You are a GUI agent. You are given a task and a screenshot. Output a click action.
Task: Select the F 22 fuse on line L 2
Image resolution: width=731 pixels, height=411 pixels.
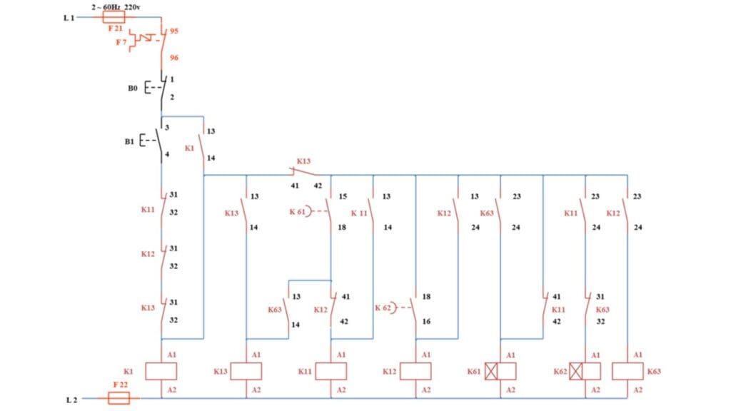pyautogui.click(x=119, y=398)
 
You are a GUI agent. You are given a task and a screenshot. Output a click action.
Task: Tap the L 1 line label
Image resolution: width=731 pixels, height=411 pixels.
pyautogui.click(x=69, y=18)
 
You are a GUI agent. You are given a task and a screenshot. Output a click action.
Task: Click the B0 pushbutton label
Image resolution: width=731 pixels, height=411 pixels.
pyautogui.click(x=133, y=88)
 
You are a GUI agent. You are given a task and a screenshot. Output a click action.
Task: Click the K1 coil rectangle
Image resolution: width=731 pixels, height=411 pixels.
pyautogui.click(x=161, y=371)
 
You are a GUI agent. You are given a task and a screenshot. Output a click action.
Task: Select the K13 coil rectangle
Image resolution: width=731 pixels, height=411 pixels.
pyautogui.click(x=246, y=371)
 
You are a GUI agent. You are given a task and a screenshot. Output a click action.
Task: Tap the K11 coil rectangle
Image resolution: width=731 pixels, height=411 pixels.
pyautogui.click(x=331, y=371)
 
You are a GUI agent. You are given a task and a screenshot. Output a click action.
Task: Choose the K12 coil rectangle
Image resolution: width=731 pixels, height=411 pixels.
pyautogui.click(x=415, y=371)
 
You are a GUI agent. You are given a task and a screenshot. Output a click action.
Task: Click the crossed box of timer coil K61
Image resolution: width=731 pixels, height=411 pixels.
pyautogui.click(x=490, y=371)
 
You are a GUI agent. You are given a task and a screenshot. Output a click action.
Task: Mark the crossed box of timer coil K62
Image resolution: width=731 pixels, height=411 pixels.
pyautogui.click(x=575, y=371)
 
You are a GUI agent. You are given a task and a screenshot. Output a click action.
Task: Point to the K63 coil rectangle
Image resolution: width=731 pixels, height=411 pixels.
pyautogui.click(x=627, y=371)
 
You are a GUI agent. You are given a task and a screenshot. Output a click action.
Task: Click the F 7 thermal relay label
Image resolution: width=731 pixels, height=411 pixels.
pyautogui.click(x=122, y=42)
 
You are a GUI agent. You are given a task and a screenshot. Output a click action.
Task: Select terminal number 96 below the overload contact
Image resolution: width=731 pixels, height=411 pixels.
pyautogui.click(x=173, y=58)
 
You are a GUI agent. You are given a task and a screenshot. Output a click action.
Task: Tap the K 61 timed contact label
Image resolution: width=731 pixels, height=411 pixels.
pyautogui.click(x=297, y=212)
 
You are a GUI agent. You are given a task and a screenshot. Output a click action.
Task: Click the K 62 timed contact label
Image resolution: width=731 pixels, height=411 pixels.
pyautogui.click(x=383, y=308)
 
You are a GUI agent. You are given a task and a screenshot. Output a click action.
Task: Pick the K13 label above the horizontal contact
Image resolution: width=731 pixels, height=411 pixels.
pyautogui.click(x=303, y=162)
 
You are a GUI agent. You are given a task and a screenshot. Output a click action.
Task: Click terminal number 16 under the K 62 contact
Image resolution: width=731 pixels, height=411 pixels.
pyautogui.click(x=426, y=322)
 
